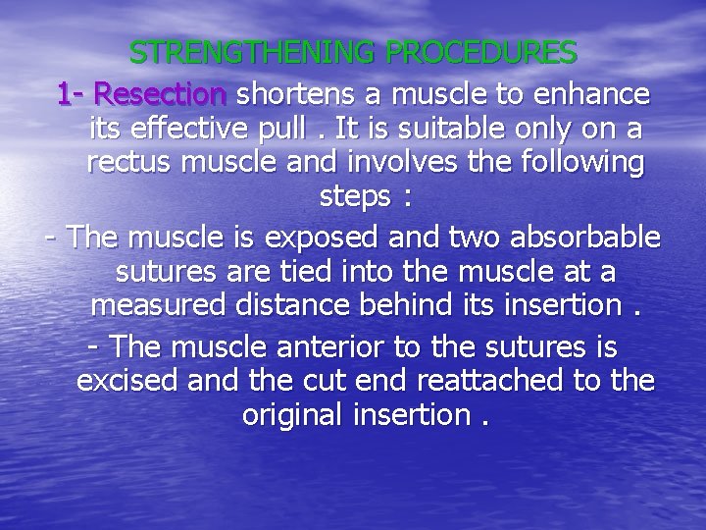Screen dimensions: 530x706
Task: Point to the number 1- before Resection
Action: [72, 94]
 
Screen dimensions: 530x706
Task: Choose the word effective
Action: [196, 129]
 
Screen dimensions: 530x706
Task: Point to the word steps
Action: [355, 196]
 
